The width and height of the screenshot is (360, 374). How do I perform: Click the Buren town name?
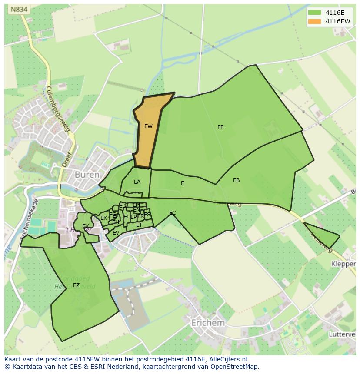point(87,175)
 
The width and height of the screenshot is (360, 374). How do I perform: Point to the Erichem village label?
point(208,323)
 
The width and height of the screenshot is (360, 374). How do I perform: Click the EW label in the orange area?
point(148,126)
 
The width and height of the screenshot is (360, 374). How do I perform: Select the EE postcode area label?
point(220,127)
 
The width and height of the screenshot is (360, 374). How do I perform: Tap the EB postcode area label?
point(236,180)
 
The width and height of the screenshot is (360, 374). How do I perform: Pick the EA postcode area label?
point(137,182)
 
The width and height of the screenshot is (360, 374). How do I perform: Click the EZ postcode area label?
point(76,285)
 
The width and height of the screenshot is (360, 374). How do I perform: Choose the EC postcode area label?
point(173,213)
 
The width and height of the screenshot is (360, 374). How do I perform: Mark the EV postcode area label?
point(116,233)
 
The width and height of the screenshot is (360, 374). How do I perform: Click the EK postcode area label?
point(103,218)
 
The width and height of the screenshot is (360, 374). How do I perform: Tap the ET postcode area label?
point(139,225)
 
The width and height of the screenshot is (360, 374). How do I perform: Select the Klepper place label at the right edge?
point(343,264)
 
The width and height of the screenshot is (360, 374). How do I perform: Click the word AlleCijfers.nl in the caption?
point(227,359)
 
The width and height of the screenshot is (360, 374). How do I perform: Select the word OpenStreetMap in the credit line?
point(234,367)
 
